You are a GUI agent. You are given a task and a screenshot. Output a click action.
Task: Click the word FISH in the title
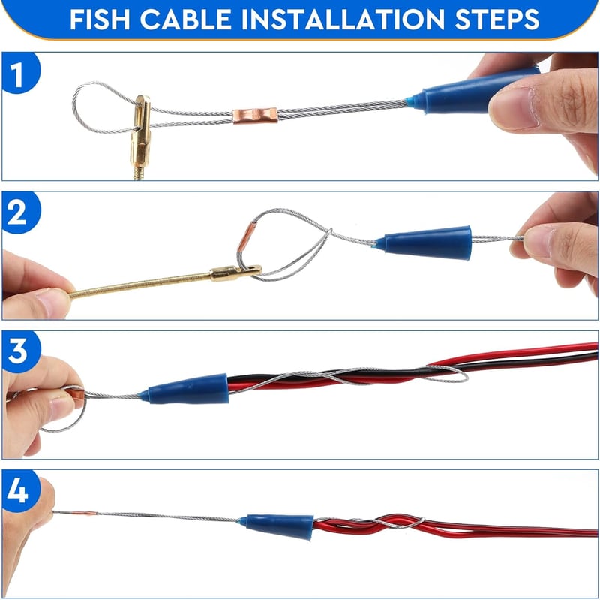click(x=100, y=20)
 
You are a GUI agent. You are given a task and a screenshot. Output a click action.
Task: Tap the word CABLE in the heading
click(x=186, y=20)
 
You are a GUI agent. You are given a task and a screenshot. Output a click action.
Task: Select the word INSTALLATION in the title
click(x=343, y=20)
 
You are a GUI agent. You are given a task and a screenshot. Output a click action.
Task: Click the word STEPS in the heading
click(x=497, y=20)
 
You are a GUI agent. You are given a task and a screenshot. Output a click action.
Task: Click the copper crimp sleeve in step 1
click(x=255, y=116)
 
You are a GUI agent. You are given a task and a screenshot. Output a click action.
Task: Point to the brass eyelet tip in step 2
click(x=236, y=273)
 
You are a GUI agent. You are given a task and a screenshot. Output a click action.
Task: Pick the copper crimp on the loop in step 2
click(x=245, y=237)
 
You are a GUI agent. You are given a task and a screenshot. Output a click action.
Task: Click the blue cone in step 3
click(x=185, y=389)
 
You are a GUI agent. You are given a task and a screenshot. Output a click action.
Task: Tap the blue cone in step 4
click(x=279, y=526)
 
